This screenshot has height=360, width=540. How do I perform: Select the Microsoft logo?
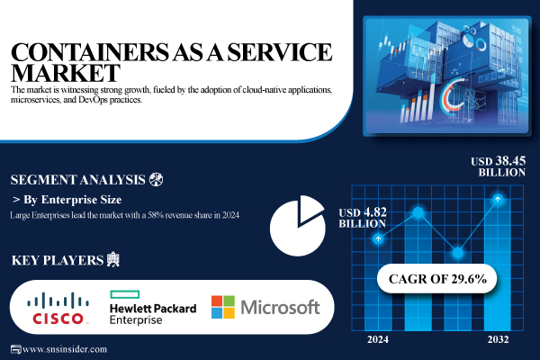265,307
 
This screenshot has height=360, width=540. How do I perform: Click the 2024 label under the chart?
379,339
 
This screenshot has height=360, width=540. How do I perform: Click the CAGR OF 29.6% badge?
436,279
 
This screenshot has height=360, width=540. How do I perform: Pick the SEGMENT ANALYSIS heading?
76,178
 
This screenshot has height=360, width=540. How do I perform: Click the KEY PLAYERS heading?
56,261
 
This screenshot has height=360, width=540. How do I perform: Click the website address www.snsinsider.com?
63,348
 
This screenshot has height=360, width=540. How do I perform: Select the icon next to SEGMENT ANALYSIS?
156,178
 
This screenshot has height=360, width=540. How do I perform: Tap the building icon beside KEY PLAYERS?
112,260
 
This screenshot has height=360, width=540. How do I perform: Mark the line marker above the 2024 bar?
379,238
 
